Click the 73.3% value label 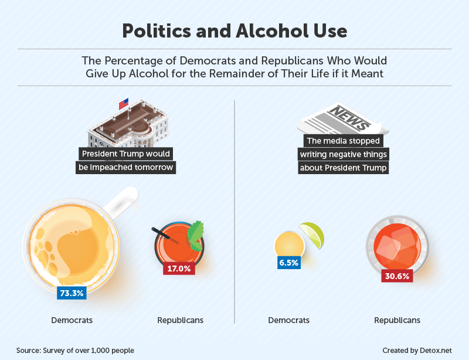pyautogui.click(x=72, y=293)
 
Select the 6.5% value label pyautogui.click(x=288, y=263)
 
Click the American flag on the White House pyautogui.click(x=124, y=104)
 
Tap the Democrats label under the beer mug pyautogui.click(x=72, y=320)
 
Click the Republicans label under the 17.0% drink pyautogui.click(x=181, y=320)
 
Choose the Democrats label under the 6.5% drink pyautogui.click(x=289, y=320)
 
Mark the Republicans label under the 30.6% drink pyautogui.click(x=397, y=320)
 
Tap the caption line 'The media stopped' pyautogui.click(x=344, y=141)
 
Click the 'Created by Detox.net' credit pyautogui.click(x=417, y=350)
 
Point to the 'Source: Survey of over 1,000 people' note pyautogui.click(x=75, y=350)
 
